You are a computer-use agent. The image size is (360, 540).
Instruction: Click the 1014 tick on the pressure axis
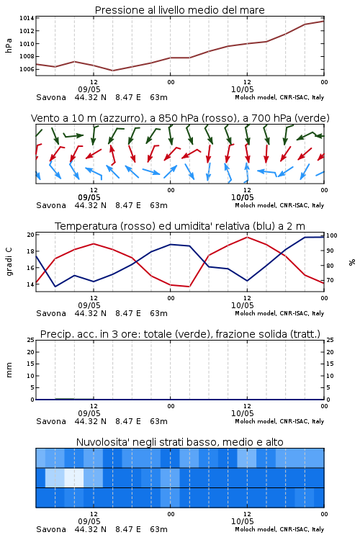(x=27, y=18)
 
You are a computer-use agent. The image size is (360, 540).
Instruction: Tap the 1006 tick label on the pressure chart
(x=27, y=69)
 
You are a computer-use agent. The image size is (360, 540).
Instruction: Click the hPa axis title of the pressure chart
(x=9, y=45)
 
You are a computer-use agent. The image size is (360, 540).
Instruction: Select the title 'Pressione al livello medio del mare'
(x=180, y=10)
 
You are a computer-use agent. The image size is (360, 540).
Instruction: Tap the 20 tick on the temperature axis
(x=31, y=235)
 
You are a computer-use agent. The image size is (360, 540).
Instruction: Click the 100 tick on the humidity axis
(x=332, y=235)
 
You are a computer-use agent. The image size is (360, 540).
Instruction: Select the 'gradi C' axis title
(x=9, y=262)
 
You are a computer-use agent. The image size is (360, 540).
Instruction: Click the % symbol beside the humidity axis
(x=352, y=262)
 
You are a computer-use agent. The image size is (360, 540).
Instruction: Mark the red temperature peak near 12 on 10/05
(x=247, y=237)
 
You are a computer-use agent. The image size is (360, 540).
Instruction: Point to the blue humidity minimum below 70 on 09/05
(x=55, y=286)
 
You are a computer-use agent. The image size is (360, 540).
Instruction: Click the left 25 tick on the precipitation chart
(x=31, y=340)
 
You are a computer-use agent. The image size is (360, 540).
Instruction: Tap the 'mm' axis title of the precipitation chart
(x=9, y=370)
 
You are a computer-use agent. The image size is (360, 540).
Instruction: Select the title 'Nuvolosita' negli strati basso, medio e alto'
(x=180, y=442)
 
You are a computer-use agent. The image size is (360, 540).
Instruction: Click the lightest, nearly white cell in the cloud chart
(x=74, y=477)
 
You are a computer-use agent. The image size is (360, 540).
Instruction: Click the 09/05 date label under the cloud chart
(x=89, y=521)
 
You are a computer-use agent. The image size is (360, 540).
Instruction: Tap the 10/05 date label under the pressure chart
(x=242, y=89)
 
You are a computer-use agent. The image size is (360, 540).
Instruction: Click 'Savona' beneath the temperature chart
(x=51, y=313)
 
